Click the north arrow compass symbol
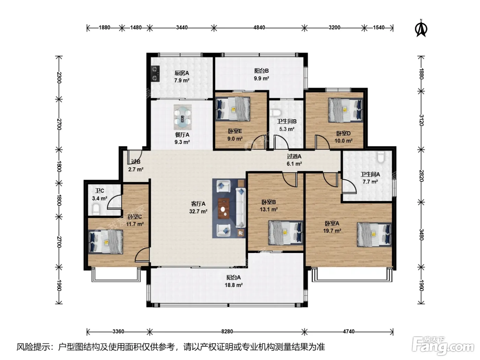coord(421,28)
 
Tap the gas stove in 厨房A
coord(155,74)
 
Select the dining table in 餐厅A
coord(182,117)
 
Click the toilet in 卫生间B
coord(275,113)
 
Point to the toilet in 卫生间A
coord(381,157)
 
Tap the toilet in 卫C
coord(96,209)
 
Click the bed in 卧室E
coord(233,109)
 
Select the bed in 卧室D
coord(345,110)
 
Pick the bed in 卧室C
coord(106,242)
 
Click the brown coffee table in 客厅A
coord(224,208)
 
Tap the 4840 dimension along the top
coord(259,27)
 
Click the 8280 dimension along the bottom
coord(227,331)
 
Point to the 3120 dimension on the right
coord(421,120)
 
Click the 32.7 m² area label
coord(198,211)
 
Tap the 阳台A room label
coord(233,277)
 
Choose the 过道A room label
coord(294,156)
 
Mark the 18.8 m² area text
coord(233,285)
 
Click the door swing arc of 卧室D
coord(324,140)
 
